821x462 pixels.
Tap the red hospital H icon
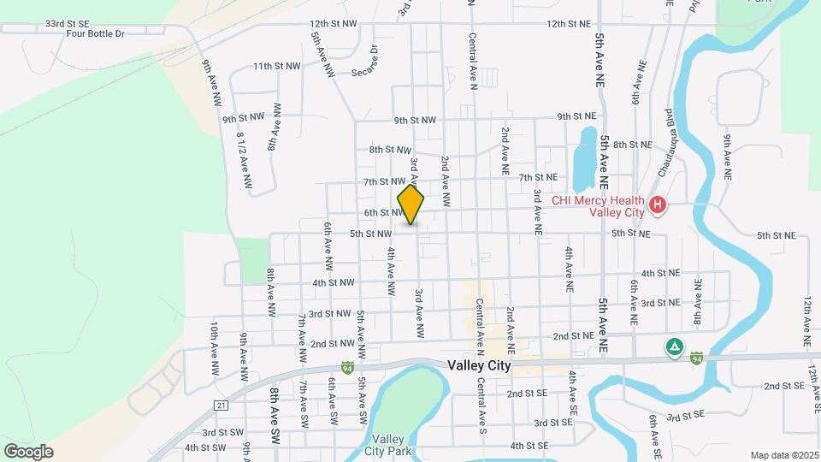coord(657,205)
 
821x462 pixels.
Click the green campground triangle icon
coord(675,347)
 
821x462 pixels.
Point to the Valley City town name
coord(479,365)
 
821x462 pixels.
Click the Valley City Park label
coord(388,445)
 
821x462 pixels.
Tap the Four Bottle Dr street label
coord(97,34)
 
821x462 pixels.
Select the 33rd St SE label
coord(67,24)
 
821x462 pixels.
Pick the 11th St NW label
coord(277,66)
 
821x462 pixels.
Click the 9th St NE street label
coord(576,116)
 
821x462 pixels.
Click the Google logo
coord(28,451)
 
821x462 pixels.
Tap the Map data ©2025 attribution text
coord(783,455)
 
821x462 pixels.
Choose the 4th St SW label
coord(204,447)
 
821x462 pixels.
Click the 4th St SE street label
coord(529,446)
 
